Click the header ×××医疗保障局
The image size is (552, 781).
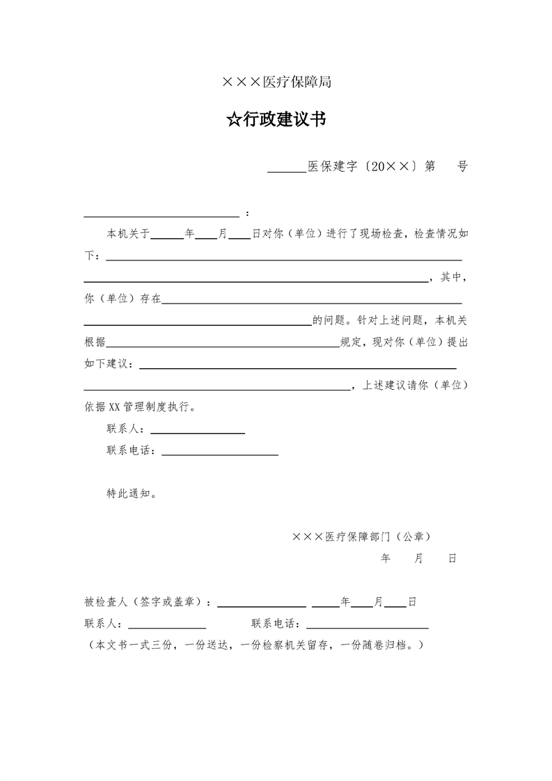(276, 83)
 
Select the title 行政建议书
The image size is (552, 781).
(284, 120)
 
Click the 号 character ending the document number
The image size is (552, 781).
(462, 166)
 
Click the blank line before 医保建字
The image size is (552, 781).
(286, 170)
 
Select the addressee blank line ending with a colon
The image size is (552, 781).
(161, 216)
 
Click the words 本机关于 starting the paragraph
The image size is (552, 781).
(128, 235)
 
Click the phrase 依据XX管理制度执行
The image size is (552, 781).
(139, 407)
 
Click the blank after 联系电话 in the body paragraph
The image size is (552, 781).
(219, 454)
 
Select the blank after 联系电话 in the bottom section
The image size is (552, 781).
(367, 626)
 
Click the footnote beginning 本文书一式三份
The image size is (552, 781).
(253, 645)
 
